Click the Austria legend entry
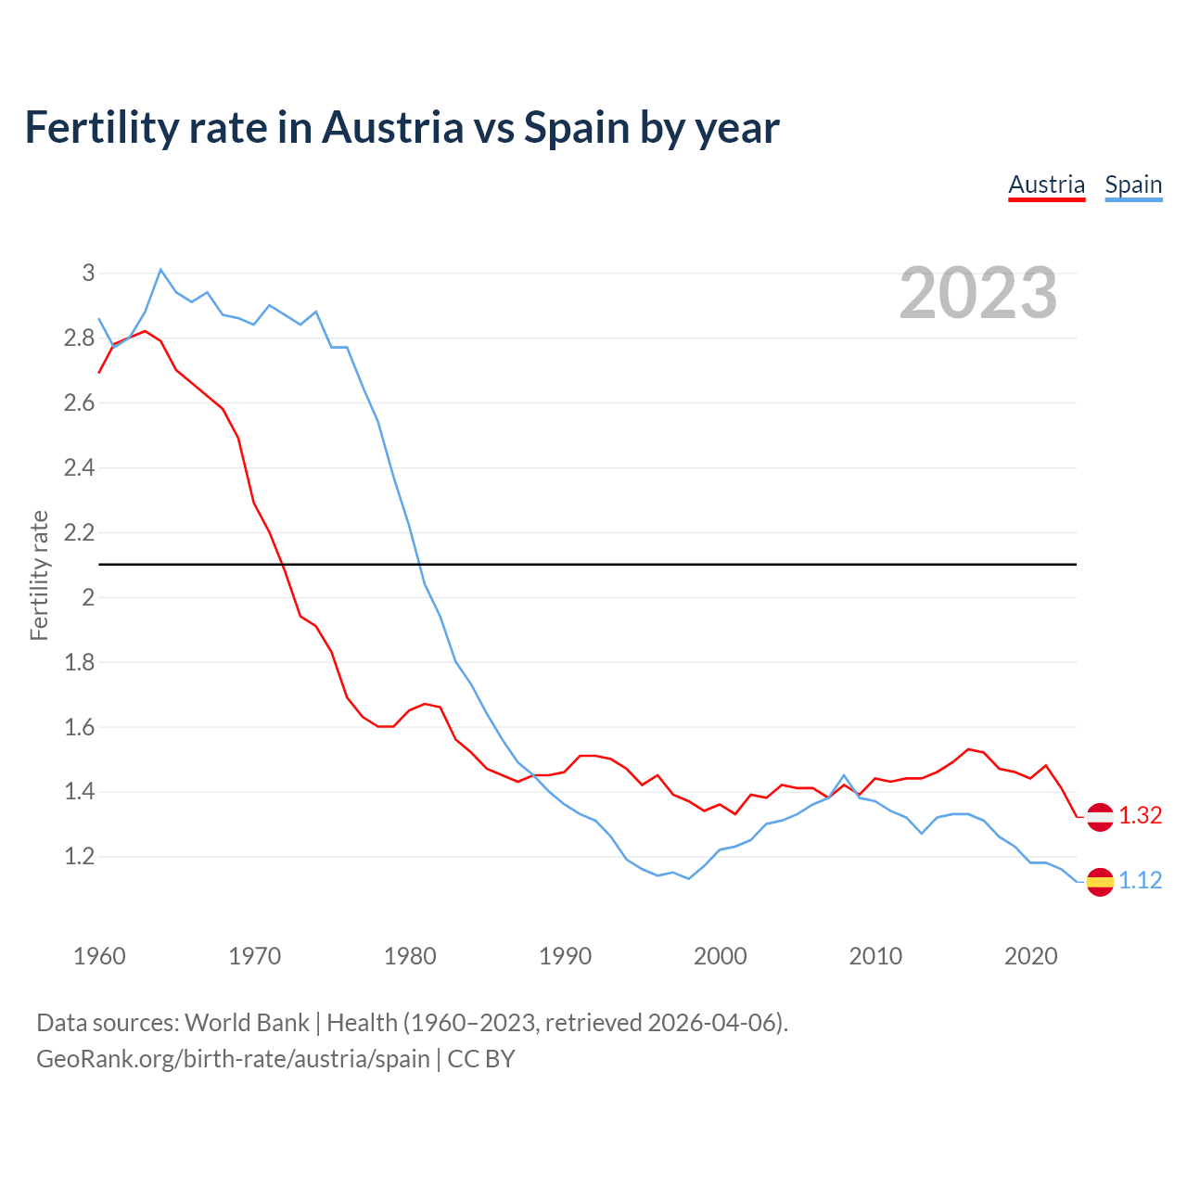[x=1046, y=185]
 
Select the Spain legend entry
[x=1133, y=185]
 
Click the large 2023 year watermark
[x=978, y=293]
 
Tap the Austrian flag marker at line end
[x=1100, y=816]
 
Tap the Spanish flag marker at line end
[x=1100, y=881]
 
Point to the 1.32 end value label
[x=1140, y=815]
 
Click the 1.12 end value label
[x=1140, y=880]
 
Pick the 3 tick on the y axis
[x=88, y=273]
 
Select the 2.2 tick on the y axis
[x=80, y=532]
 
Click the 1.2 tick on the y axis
[x=80, y=856]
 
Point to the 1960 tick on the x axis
[x=99, y=956]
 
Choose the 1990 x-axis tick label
[x=565, y=956]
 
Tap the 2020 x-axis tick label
[x=1030, y=956]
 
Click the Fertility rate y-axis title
[x=39, y=575]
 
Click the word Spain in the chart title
[x=577, y=127]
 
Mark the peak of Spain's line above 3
[x=160, y=269]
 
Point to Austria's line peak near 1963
[x=145, y=331]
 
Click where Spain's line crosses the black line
[x=420, y=564]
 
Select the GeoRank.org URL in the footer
[x=233, y=1058]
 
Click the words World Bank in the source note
[x=247, y=1022]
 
